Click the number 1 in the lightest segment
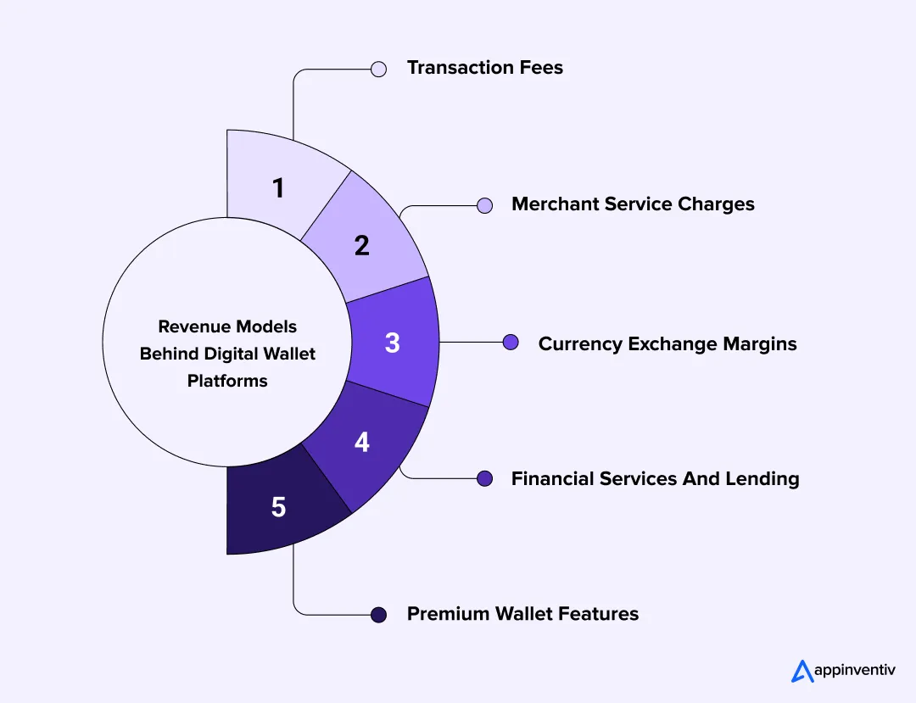click(278, 188)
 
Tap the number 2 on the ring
click(362, 246)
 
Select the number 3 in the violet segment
click(392, 343)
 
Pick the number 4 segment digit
click(362, 442)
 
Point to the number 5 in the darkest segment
click(278, 507)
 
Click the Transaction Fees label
click(484, 68)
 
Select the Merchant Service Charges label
click(633, 204)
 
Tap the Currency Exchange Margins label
click(667, 343)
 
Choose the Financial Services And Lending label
click(655, 479)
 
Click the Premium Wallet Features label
click(522, 614)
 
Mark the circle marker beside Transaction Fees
click(379, 69)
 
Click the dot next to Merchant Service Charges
click(484, 205)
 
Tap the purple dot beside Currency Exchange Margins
click(511, 343)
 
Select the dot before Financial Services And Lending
click(484, 478)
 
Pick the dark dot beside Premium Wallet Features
click(379, 615)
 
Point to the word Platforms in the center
click(227, 381)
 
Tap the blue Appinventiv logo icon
click(802, 671)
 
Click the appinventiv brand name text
click(854, 671)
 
